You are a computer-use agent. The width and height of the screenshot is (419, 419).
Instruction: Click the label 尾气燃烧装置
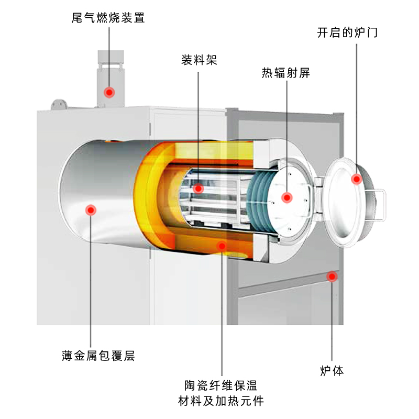(x=108, y=18)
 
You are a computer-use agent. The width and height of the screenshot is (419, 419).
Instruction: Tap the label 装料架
(x=199, y=60)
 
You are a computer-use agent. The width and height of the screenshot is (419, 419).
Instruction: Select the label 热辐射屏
(x=286, y=73)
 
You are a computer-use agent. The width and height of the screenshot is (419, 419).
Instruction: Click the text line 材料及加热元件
(x=222, y=401)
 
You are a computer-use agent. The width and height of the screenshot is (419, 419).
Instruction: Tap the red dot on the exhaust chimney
(x=109, y=92)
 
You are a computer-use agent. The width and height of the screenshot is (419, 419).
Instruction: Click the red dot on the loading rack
(x=198, y=189)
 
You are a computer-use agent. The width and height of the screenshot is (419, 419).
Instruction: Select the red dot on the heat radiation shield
(x=286, y=197)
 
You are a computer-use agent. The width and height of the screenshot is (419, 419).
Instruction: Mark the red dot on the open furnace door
(x=357, y=179)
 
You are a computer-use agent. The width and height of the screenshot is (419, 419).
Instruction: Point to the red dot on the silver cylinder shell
(x=91, y=210)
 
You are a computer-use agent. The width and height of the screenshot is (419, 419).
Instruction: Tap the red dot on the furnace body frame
(x=332, y=277)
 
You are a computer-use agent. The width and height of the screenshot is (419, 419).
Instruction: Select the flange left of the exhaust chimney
(x=59, y=104)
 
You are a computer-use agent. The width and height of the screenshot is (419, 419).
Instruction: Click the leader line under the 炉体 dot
(x=332, y=319)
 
